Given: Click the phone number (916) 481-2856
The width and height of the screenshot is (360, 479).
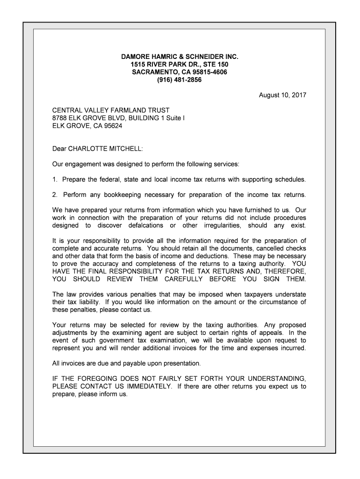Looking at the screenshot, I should coord(180,80).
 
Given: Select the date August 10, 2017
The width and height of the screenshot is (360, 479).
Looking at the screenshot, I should coord(282,95).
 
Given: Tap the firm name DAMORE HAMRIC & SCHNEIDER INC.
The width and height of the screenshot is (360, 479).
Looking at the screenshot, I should coord(180,57).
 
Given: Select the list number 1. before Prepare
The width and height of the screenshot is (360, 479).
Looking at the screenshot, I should coord(55,180).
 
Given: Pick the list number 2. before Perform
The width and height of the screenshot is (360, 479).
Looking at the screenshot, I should coord(55,195).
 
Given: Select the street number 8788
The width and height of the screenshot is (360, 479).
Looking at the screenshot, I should coord(60,118).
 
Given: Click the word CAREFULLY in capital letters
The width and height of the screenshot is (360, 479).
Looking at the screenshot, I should coord(183,279).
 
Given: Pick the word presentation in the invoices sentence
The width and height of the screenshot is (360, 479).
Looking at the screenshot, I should coord(180,363).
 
